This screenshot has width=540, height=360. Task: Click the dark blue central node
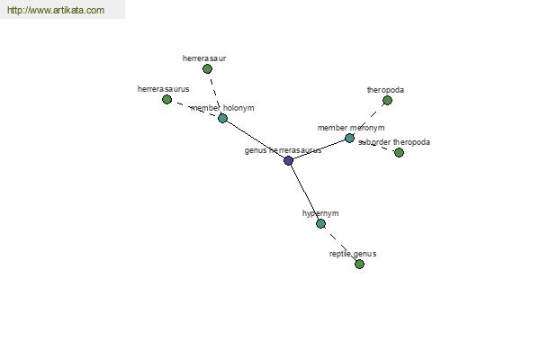click(x=289, y=160)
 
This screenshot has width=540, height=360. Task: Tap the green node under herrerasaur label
click(x=207, y=69)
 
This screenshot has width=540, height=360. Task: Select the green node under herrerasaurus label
click(x=167, y=100)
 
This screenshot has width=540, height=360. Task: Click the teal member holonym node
click(x=223, y=119)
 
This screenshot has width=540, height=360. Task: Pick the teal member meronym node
click(x=349, y=138)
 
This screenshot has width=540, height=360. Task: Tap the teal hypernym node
click(x=320, y=223)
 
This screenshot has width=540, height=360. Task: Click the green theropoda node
click(x=387, y=101)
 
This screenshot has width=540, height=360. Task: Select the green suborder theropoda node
click(x=399, y=152)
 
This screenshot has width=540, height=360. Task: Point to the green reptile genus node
click(x=359, y=265)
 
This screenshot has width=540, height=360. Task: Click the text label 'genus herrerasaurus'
click(x=283, y=150)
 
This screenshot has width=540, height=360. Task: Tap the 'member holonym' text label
click(x=222, y=108)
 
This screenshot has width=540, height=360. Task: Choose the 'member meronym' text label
click(x=351, y=128)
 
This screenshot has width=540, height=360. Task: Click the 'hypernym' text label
click(x=320, y=213)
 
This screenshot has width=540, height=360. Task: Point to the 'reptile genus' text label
click(x=353, y=254)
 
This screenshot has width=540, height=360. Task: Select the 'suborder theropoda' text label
click(x=394, y=142)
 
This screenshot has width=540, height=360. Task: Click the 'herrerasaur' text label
click(x=204, y=58)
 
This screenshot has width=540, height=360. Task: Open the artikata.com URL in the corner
click(x=56, y=10)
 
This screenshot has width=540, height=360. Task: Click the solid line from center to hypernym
click(x=305, y=193)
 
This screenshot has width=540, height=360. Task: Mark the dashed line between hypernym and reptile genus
click(x=340, y=244)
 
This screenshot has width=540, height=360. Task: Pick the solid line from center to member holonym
click(x=256, y=139)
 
